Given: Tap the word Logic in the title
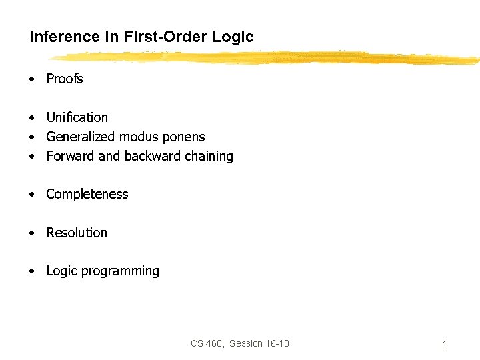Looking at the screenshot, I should point(233,37).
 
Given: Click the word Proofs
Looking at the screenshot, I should point(65,79).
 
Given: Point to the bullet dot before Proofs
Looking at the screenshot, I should point(31,79).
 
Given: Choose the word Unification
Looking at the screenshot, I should point(77,117).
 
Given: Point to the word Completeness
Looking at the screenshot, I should point(87,194).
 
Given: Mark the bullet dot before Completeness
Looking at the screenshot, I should point(31,195).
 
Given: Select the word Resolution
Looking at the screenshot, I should point(77,233).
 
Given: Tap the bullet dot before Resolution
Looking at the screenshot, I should point(31,233).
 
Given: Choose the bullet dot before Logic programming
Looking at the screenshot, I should point(31,271).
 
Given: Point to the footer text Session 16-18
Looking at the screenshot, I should point(259,343).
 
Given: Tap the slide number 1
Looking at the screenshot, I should point(444,344).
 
